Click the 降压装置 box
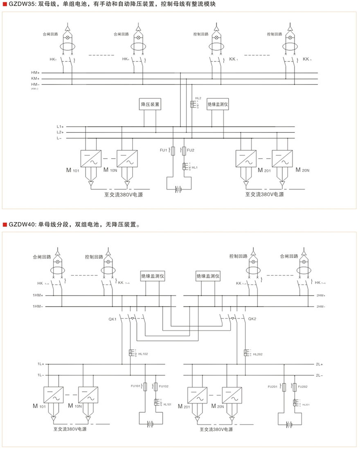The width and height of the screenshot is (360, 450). (150, 104)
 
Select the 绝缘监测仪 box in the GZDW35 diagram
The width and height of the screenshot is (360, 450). (218, 104)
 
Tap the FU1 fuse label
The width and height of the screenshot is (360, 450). (164, 150)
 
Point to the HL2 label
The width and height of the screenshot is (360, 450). (198, 99)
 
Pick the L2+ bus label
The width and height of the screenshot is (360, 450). (60, 132)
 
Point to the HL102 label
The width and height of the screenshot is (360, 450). (143, 354)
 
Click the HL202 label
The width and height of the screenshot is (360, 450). (258, 354)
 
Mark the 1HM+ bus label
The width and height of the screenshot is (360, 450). (38, 295)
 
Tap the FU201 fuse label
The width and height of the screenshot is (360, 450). (272, 386)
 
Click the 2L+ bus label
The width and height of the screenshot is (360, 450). (319, 363)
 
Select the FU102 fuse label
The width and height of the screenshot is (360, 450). (164, 386)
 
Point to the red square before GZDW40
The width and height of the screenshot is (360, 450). (5, 224)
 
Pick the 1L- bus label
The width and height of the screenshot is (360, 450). (40, 375)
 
